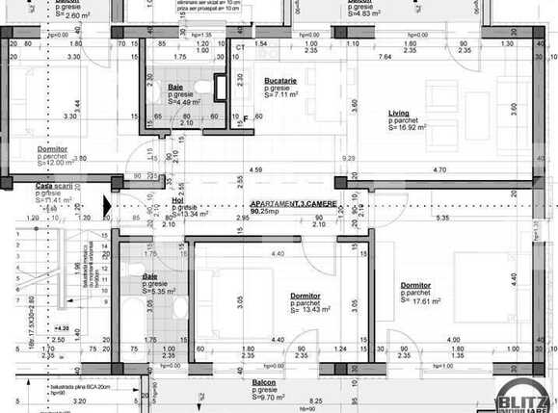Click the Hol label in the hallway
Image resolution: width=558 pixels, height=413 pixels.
(x=176, y=201)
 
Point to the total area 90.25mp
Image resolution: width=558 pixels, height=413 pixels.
(x=267, y=214)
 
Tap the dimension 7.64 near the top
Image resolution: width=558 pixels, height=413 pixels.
(x=384, y=57)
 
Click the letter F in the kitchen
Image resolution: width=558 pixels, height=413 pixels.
(x=247, y=118)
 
